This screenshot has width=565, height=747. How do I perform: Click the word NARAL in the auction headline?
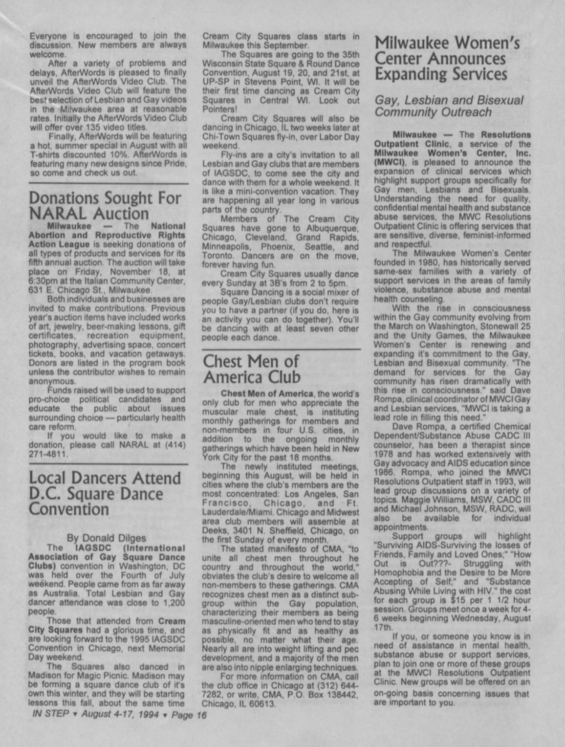[59, 214]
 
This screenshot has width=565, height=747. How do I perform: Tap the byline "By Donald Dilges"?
[106, 538]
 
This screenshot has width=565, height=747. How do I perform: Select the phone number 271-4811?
[47, 454]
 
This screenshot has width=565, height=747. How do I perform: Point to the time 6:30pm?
[43, 281]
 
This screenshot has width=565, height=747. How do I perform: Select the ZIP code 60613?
[264, 704]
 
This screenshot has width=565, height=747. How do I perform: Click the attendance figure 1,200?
[173, 603]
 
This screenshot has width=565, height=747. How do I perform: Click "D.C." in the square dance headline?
[44, 494]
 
